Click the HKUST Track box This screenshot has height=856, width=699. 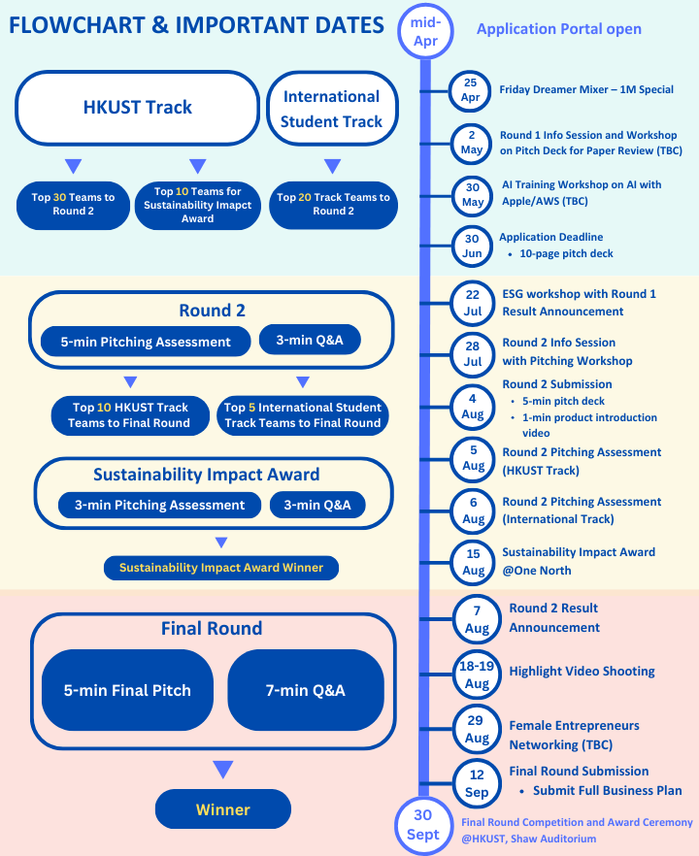pyautogui.click(x=137, y=108)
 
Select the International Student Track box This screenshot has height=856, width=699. pyautogui.click(x=332, y=109)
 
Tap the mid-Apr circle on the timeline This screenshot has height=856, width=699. pyautogui.click(x=425, y=32)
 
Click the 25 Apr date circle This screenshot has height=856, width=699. pyautogui.click(x=470, y=90)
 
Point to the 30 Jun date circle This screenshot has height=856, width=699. pyautogui.click(x=472, y=246)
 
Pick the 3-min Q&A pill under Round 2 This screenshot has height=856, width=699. pyautogui.click(x=310, y=340)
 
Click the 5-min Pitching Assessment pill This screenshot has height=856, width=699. pyautogui.click(x=146, y=342)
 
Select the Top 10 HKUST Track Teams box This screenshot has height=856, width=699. pyautogui.click(x=130, y=415)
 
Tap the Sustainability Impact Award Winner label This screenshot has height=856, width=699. pyautogui.click(x=221, y=568)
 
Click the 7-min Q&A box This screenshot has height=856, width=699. pyautogui.click(x=306, y=690)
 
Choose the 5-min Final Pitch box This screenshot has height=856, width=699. pyautogui.click(x=127, y=690)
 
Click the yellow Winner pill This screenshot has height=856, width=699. pyautogui.click(x=223, y=809)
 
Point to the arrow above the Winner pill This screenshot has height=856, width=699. pyautogui.click(x=223, y=769)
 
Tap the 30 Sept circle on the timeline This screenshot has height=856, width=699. pyautogui.click(x=423, y=825)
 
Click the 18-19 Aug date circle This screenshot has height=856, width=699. pyautogui.click(x=477, y=675)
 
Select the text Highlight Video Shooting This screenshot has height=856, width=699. pyautogui.click(x=582, y=671)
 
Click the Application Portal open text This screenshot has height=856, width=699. pyautogui.click(x=559, y=29)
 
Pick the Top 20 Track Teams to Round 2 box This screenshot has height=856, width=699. pyautogui.click(x=333, y=205)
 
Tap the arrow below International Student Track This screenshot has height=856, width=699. pyautogui.click(x=333, y=165)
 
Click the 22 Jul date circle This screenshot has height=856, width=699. pyautogui.click(x=473, y=303)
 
